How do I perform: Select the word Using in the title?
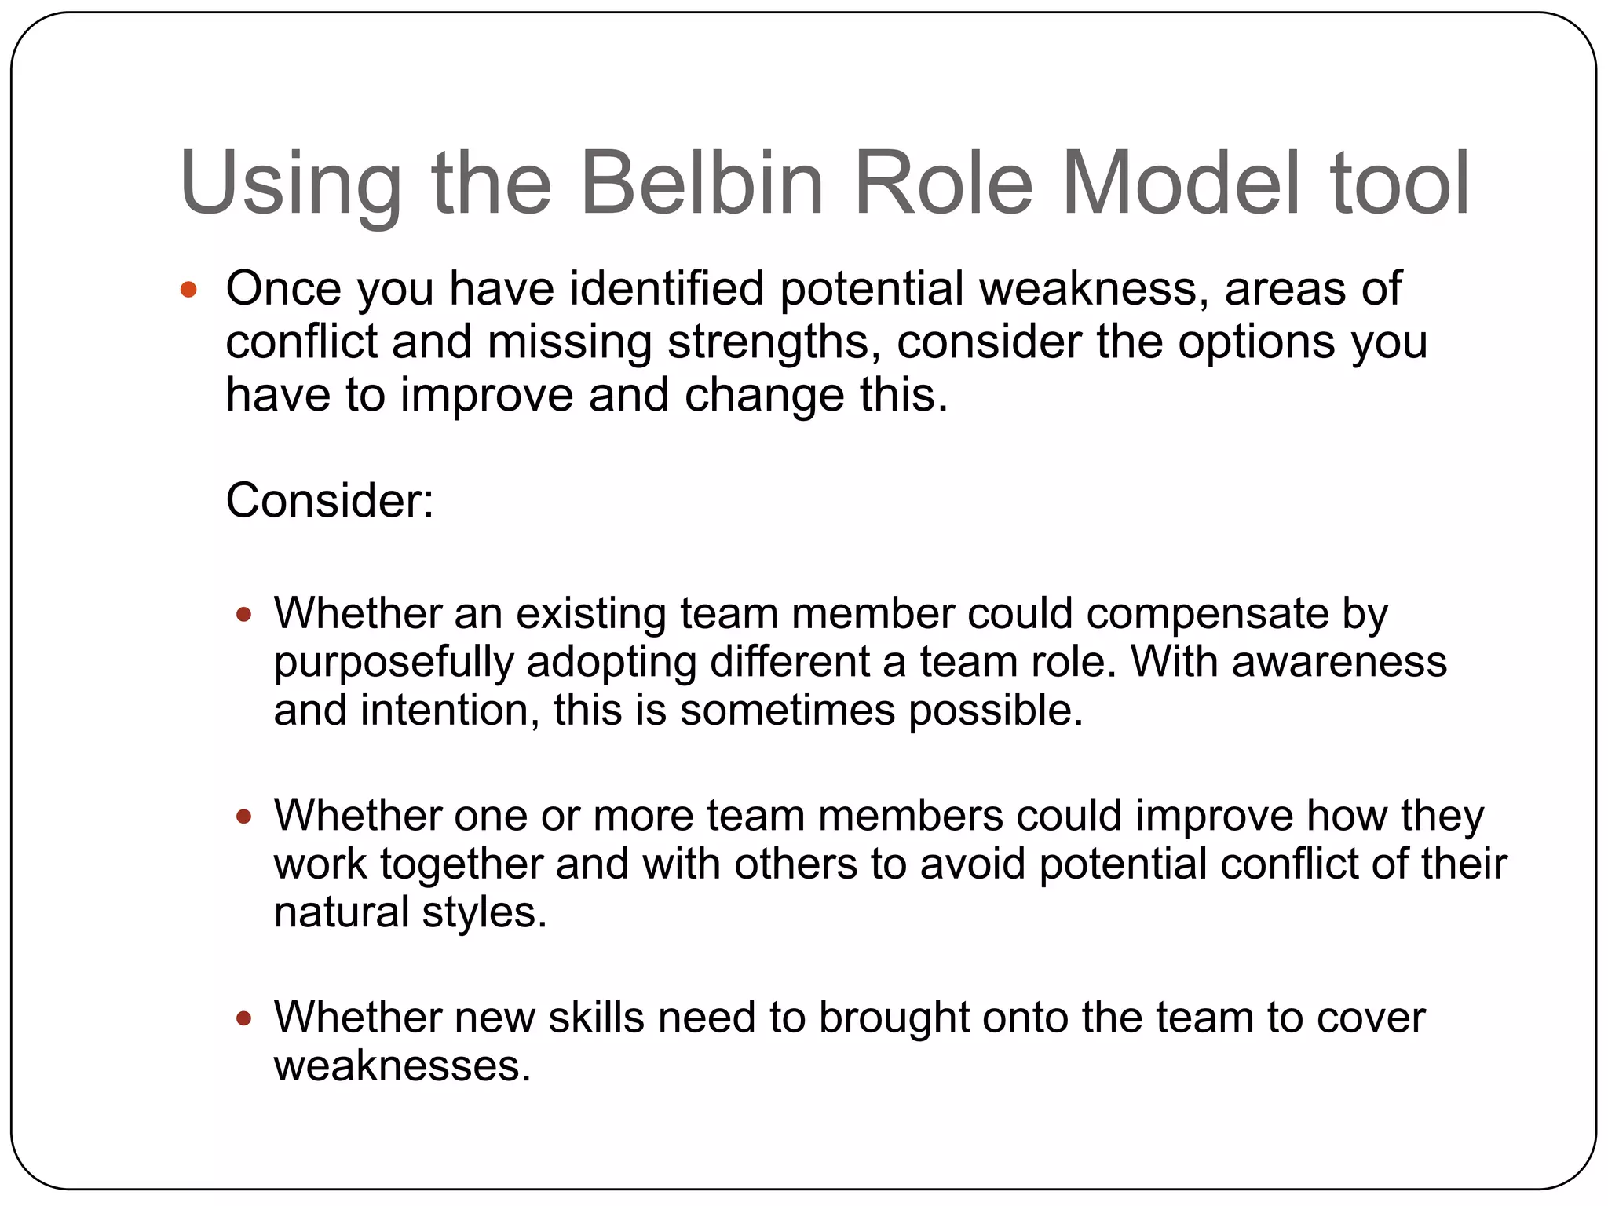pos(290,185)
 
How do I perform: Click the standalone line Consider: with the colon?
pos(330,500)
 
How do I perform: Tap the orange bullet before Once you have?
pos(188,290)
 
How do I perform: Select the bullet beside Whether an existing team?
pos(244,614)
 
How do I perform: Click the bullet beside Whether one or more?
pos(244,817)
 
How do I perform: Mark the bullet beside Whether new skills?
pos(244,1018)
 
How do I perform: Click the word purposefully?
pos(393,663)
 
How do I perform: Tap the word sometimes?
pos(787,711)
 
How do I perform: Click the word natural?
pos(341,912)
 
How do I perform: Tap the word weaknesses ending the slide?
pos(402,1066)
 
